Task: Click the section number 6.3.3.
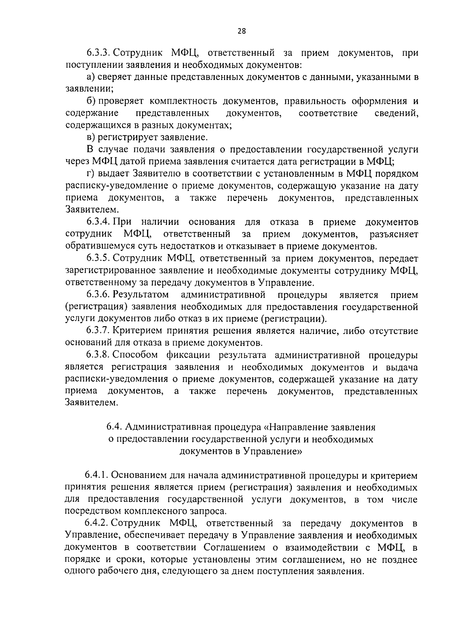pyautogui.click(x=98, y=53)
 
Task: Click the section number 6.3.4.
pyautogui.click(x=98, y=222)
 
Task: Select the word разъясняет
pyautogui.click(x=394, y=234)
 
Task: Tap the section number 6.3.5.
pyautogui.click(x=98, y=259)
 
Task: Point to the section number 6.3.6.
pyautogui.click(x=98, y=295)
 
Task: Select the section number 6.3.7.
pyautogui.click(x=98, y=331)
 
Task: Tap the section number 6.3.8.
pyautogui.click(x=98, y=355)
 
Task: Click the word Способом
pyautogui.click(x=134, y=355)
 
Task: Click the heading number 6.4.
pyautogui.click(x=114, y=427)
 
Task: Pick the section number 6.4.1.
pyautogui.click(x=96, y=475)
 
